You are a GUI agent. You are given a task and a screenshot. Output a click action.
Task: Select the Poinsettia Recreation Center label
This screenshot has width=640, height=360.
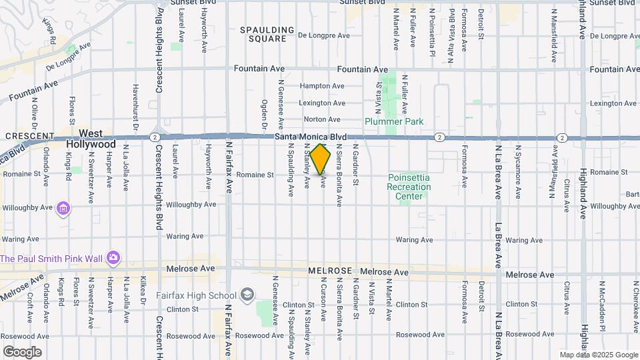[409, 187]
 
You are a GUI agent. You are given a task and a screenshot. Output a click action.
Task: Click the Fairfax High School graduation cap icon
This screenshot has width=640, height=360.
[247, 295]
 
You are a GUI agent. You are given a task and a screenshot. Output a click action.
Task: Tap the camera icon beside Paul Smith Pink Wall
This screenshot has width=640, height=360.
[113, 257]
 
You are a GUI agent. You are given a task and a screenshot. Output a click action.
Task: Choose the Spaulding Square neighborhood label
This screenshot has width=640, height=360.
[267, 34]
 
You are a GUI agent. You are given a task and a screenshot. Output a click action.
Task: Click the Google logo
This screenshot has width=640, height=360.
[21, 352]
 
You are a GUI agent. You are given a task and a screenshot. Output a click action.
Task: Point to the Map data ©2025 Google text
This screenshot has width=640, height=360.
[598, 355]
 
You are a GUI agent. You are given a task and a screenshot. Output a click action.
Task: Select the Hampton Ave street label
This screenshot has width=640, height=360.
[322, 86]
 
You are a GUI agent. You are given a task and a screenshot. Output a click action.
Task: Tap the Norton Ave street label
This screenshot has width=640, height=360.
[322, 120]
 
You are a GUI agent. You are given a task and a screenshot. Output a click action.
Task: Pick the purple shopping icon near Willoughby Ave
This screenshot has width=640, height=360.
[63, 209]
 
